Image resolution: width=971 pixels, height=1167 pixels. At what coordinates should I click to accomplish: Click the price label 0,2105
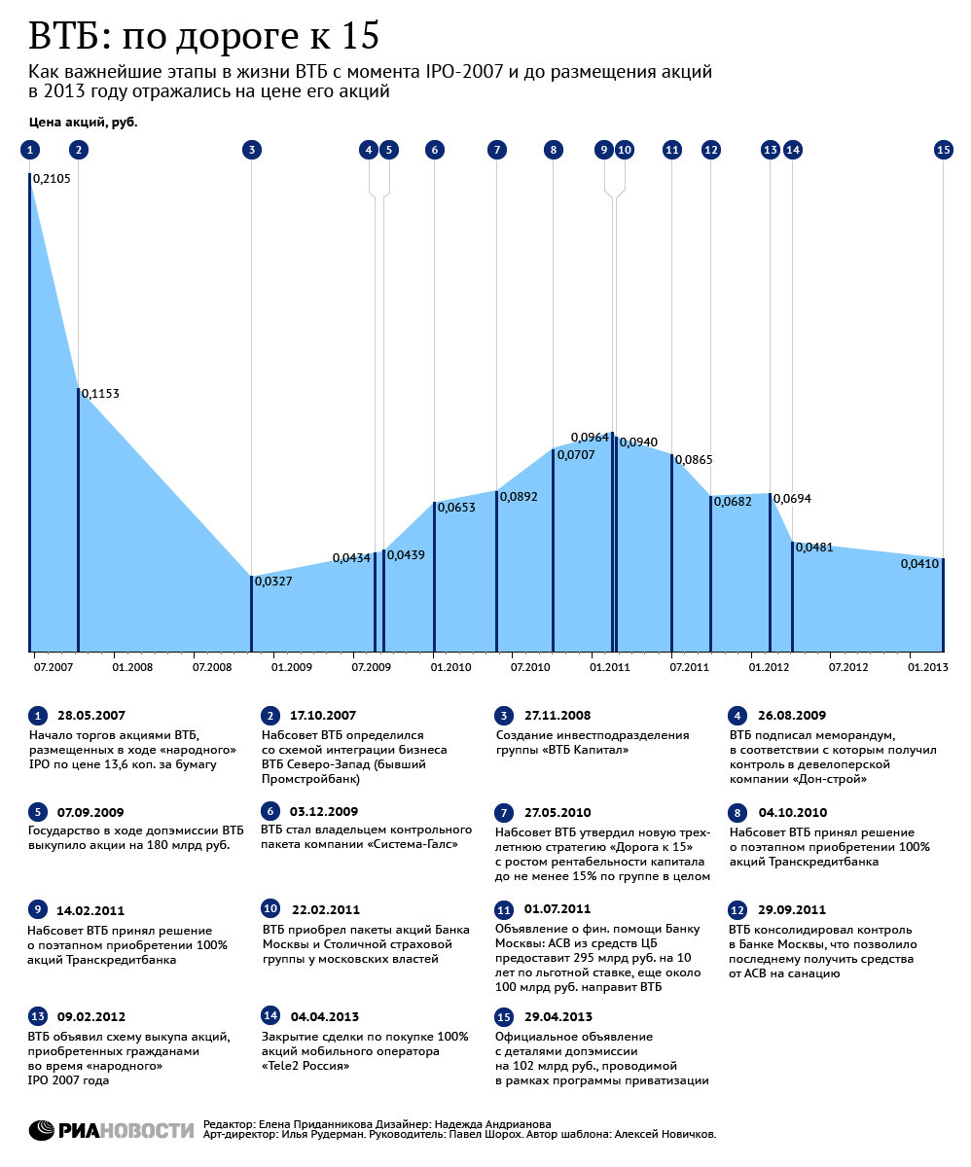tap(52, 179)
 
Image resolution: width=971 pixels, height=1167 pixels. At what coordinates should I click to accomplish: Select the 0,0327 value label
tap(273, 582)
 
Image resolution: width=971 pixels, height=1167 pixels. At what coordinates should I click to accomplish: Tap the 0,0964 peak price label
tap(590, 437)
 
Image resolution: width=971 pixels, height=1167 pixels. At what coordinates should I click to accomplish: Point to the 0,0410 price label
tap(919, 563)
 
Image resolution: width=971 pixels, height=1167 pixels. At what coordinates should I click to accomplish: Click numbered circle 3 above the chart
tap(252, 150)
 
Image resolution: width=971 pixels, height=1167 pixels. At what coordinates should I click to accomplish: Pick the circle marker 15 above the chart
tap(944, 150)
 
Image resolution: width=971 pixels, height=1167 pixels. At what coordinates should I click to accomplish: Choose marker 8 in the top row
tap(554, 150)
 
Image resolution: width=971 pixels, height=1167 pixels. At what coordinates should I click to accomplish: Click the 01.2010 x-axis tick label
tap(450, 667)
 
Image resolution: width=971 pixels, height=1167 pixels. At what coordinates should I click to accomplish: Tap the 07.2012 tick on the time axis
tap(848, 667)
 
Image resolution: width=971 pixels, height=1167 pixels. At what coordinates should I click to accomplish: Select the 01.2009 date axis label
tap(292, 667)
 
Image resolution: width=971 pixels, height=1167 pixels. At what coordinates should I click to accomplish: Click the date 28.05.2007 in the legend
tap(91, 716)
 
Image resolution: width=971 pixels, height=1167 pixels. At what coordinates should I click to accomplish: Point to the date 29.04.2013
tap(558, 1016)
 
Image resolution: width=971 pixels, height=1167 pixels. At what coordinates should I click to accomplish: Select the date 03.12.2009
tap(324, 811)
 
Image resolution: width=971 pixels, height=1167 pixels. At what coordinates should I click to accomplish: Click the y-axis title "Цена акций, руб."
tap(84, 122)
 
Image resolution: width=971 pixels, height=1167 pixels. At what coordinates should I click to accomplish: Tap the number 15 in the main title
tap(360, 35)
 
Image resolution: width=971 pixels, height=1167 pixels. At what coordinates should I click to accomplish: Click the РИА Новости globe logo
tap(42, 1130)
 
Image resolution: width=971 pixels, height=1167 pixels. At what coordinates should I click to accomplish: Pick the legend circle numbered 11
tap(504, 910)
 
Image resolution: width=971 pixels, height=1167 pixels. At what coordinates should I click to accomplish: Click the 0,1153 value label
tap(100, 394)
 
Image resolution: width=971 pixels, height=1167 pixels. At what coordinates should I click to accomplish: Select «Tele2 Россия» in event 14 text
tap(306, 1066)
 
